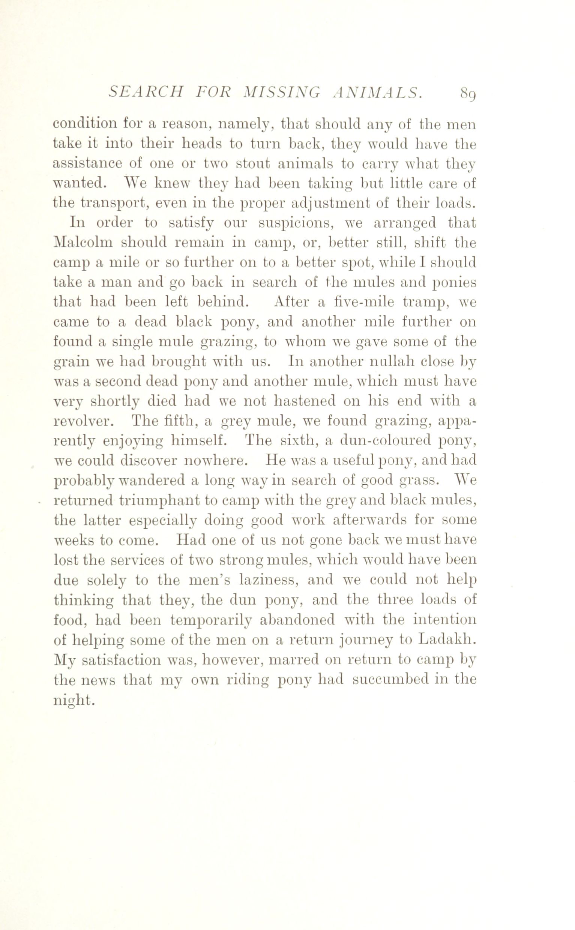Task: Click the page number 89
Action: (x=468, y=93)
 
